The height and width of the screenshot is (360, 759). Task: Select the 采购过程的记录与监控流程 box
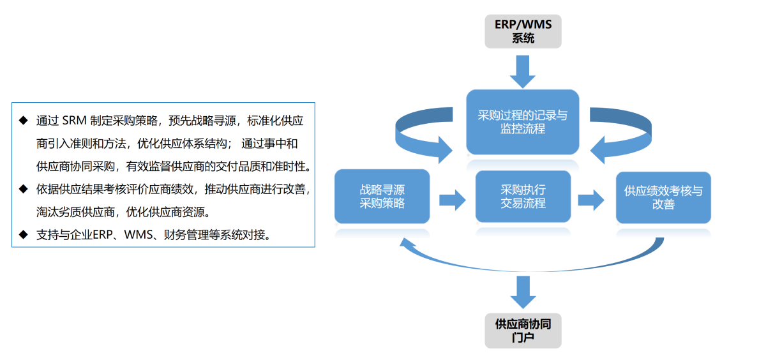(x=523, y=122)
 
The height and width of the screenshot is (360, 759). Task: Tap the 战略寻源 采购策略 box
(x=382, y=197)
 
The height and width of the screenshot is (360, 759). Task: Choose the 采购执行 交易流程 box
(x=523, y=197)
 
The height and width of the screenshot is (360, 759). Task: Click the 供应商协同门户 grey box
(x=523, y=331)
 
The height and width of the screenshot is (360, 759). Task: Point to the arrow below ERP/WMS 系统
(x=523, y=71)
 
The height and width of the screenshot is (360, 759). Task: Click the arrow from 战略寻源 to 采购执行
(x=453, y=199)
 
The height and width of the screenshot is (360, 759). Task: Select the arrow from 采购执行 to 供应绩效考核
(x=591, y=199)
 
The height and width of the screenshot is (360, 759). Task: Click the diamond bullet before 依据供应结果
(x=24, y=189)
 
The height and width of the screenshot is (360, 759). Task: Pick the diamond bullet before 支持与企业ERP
(x=24, y=234)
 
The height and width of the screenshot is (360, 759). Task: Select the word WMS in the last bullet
(x=138, y=235)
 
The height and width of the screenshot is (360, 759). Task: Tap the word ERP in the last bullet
(x=103, y=235)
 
